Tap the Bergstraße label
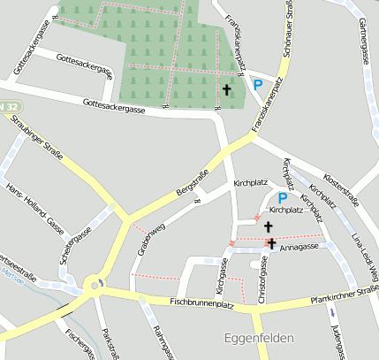[x=191, y=182]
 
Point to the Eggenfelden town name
[x=254, y=340]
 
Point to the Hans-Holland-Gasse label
[x=34, y=209]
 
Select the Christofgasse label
[x=262, y=282]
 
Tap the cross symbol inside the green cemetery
[x=226, y=90]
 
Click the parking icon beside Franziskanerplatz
[x=258, y=86]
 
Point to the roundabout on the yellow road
[x=95, y=285]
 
